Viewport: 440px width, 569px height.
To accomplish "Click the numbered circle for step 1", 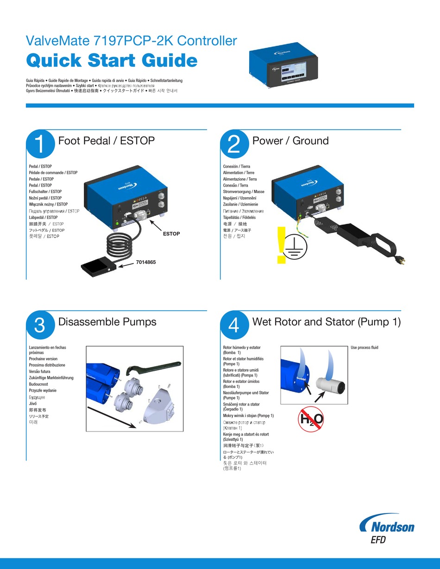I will [x=40, y=144].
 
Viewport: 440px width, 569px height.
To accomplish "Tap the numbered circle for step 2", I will [x=234, y=144].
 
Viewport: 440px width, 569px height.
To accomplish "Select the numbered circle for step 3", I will [x=40, y=325].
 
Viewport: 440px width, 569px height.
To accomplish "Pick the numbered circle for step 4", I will [x=234, y=325].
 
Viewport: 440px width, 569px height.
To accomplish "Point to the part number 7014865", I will [x=146, y=262].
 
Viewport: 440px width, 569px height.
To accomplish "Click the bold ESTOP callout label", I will [x=171, y=234].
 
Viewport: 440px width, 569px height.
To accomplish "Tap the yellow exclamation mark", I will [x=281, y=245].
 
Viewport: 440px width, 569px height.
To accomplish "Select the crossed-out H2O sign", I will [x=310, y=419].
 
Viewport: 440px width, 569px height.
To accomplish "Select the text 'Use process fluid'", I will [x=368, y=347].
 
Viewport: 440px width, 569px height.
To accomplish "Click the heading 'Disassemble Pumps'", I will [x=107, y=322].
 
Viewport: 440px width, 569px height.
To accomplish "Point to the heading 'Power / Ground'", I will [x=290, y=141].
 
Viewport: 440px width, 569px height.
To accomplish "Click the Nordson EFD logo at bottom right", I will [x=387, y=530].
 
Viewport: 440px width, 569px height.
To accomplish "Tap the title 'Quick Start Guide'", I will [x=112, y=60].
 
